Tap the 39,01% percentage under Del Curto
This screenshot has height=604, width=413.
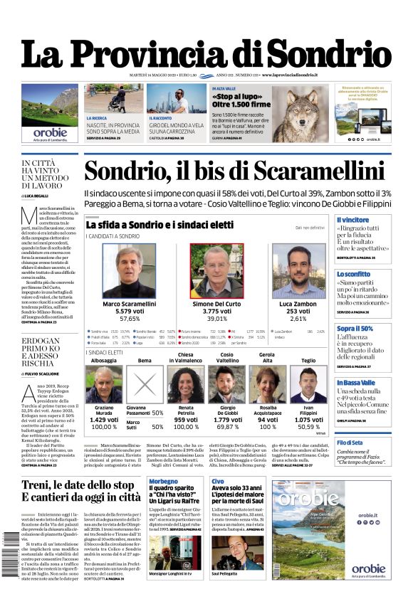coord(217,318)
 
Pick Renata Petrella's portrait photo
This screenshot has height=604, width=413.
coord(185,384)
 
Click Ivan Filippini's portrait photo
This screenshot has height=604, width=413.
coord(308,384)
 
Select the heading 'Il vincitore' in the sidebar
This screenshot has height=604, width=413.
coord(354,221)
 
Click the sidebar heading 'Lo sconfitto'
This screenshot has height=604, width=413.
coord(354,274)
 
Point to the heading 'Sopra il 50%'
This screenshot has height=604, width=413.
coord(355,329)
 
